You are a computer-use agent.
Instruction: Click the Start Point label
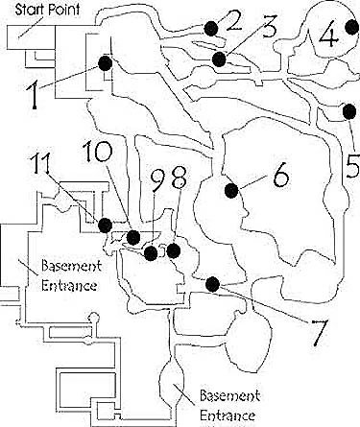tap(47, 9)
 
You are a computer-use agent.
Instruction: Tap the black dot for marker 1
tap(106, 63)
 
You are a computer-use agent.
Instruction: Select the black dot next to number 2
tap(211, 29)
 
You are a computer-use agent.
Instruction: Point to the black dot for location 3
tap(219, 59)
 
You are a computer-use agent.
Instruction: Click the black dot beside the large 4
tap(352, 27)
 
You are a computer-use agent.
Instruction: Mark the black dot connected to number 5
tap(349, 111)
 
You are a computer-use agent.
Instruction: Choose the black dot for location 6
tap(231, 191)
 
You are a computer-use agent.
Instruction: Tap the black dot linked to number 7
tap(212, 284)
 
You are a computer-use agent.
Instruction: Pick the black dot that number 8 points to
tap(174, 250)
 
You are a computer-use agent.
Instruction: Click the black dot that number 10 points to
tap(133, 237)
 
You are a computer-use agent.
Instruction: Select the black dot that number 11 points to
tap(105, 225)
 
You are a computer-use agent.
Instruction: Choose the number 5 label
tap(353, 165)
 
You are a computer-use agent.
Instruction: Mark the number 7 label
tap(318, 332)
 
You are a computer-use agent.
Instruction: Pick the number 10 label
tap(98, 152)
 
